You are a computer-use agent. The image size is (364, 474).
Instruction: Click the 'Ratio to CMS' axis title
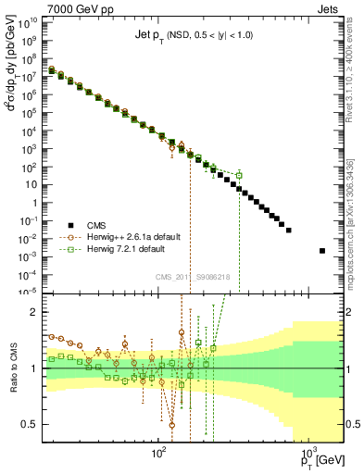12,368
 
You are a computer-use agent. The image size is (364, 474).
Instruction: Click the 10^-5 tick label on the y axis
30,291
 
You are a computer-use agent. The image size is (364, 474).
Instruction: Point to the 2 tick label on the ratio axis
37,313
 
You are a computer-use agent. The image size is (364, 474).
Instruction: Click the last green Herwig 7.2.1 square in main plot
239,175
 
